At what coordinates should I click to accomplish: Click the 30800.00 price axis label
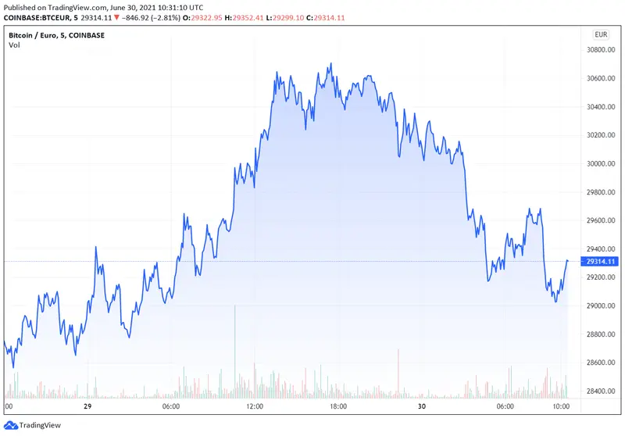tap(601, 50)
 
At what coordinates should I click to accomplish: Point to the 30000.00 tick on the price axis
tap(601, 164)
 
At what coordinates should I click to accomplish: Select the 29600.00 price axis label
tap(601, 221)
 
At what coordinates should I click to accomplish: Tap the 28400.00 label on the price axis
tap(601, 391)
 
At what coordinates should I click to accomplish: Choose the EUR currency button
tap(601, 34)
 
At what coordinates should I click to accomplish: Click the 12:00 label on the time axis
tap(255, 407)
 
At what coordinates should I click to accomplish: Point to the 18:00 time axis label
tap(338, 407)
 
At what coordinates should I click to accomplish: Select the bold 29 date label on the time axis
tap(88, 407)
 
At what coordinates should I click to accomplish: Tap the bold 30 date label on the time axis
tap(422, 407)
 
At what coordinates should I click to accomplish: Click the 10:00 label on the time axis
tap(561, 407)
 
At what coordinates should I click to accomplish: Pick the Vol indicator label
tap(14, 45)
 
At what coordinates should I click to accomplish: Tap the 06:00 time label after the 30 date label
tap(505, 407)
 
